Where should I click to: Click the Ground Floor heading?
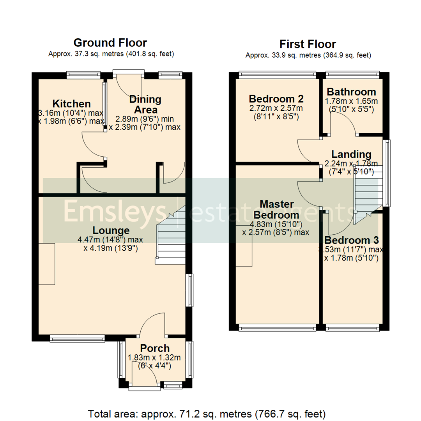[110, 42]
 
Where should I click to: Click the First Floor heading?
[308, 44]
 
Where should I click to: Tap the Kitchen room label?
[72, 104]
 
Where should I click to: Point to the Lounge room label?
[111, 230]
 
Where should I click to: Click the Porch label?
[155, 348]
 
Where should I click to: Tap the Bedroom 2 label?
[276, 98]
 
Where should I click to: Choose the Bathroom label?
[351, 92]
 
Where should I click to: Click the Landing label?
[351, 154]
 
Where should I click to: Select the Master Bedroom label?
[279, 209]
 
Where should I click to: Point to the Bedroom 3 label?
[351, 240]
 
